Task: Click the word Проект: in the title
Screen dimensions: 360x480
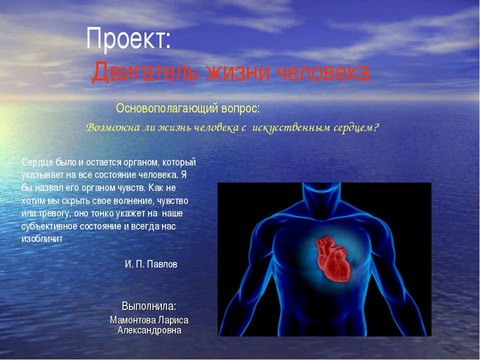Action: coord(128,38)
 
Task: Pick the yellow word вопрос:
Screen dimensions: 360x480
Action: coord(241,108)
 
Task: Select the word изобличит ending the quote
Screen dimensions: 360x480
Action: coord(41,239)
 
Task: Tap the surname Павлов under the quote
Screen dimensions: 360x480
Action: coord(161,264)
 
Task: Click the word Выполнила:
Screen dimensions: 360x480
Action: coord(149,305)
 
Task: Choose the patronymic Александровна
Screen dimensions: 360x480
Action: coord(149,330)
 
